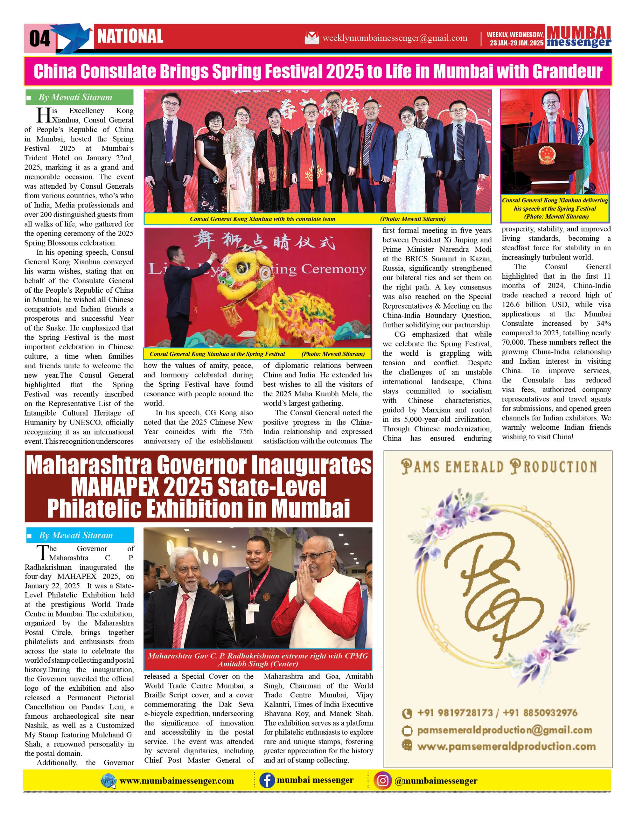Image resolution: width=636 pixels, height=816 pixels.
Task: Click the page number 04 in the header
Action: point(40,38)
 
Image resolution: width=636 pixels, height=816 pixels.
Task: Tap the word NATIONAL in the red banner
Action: point(130,37)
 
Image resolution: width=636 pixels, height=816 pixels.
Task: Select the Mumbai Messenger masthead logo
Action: point(579,37)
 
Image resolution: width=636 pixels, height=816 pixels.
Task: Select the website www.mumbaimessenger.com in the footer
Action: point(177,781)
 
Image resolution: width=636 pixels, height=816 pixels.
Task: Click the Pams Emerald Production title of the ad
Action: point(499,467)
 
